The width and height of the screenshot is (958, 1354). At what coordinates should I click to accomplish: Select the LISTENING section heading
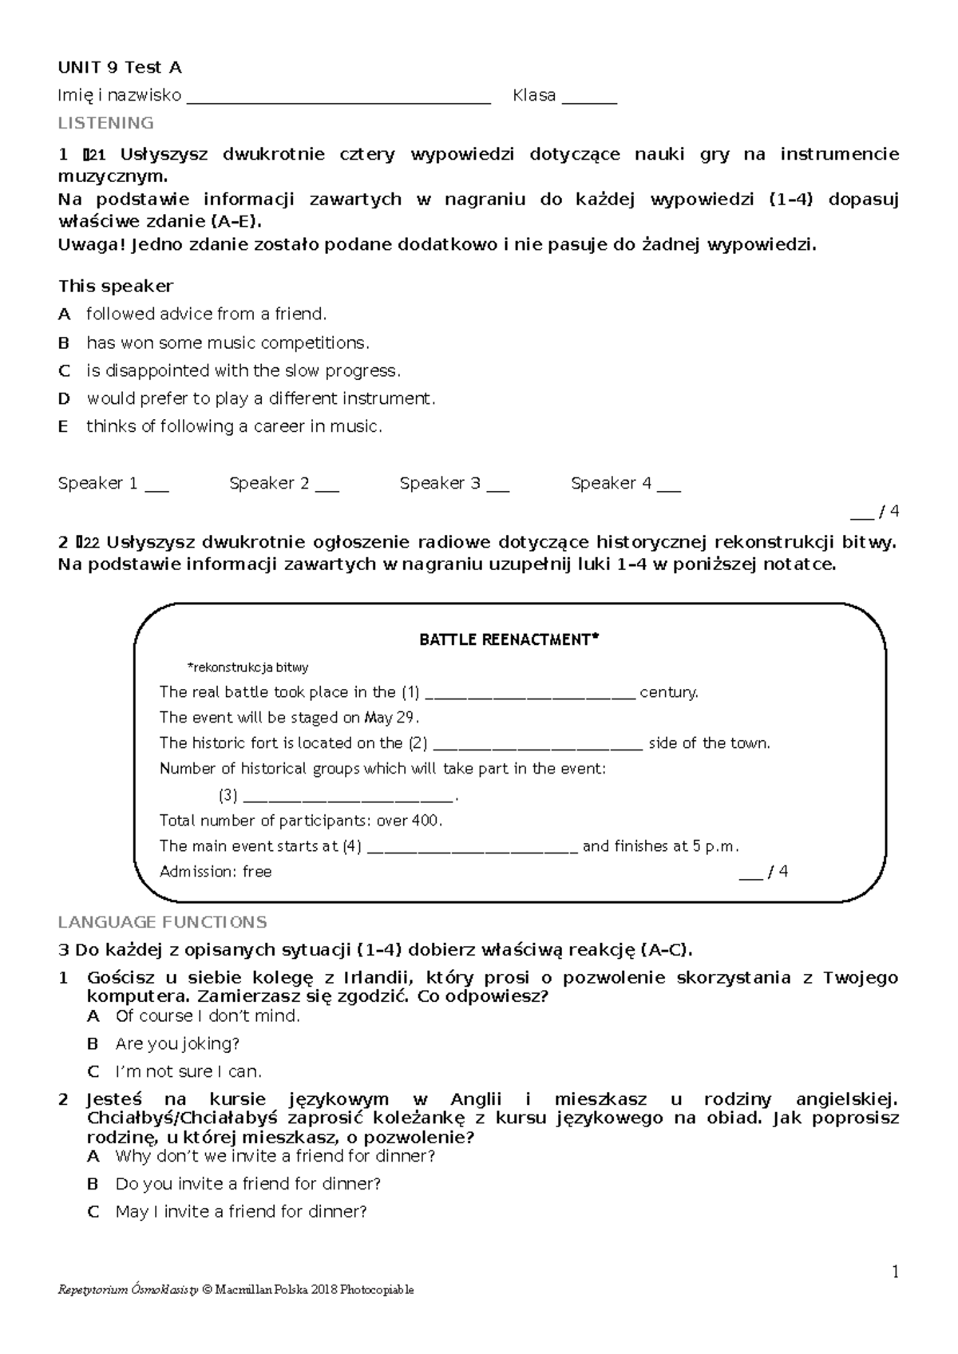click(x=105, y=123)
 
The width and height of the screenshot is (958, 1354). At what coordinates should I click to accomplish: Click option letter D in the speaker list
click(x=64, y=398)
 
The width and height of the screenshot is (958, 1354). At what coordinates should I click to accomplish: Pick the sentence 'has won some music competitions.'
click(x=228, y=342)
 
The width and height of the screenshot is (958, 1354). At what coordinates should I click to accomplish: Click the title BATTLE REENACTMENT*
click(x=509, y=639)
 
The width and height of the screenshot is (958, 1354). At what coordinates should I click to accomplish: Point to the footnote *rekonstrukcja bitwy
click(x=247, y=667)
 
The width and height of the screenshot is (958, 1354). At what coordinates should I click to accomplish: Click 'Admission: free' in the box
click(x=216, y=872)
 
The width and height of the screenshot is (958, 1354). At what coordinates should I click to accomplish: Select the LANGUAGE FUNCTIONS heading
click(x=162, y=922)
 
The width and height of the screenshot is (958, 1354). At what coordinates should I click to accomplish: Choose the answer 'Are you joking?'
click(x=177, y=1043)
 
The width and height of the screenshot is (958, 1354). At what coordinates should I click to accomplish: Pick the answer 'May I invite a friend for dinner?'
click(x=241, y=1212)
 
